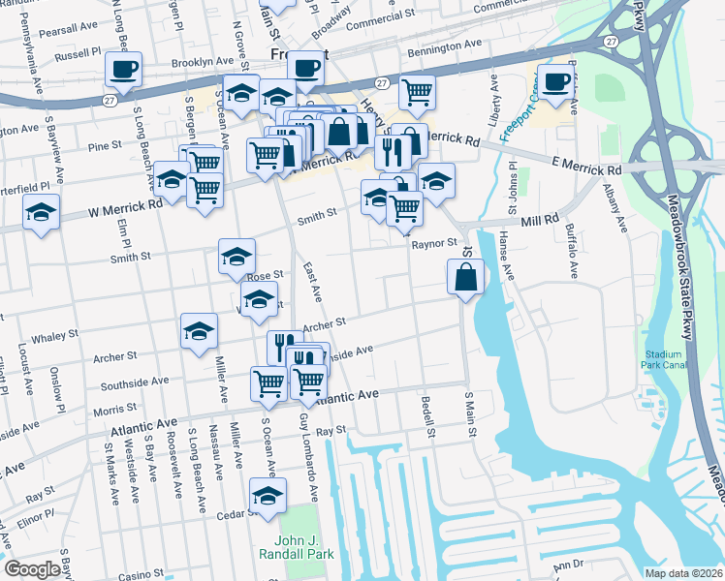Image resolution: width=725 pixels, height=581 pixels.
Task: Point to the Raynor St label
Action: [433, 243]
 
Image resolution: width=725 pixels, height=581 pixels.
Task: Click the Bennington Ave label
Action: [445, 45]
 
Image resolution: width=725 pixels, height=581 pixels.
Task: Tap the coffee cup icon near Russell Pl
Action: [123, 70]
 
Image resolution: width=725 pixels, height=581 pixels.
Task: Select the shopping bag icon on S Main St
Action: [466, 277]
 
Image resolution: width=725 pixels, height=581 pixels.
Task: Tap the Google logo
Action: [32, 569]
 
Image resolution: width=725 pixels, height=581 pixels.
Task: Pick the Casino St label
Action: [145, 575]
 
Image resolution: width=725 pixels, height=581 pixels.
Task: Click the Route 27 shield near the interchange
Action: [610, 43]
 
